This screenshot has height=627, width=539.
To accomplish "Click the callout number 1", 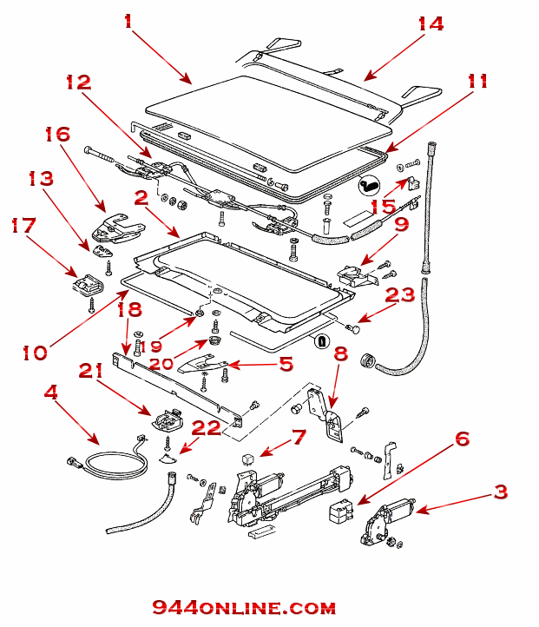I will pos(128,20).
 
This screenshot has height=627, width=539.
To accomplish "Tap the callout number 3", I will pos(501,492).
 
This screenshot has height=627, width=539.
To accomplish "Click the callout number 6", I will pos(462,439).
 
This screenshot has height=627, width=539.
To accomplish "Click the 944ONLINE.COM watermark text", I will pos(244,608).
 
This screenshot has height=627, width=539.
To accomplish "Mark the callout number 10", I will pos(36,353).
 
